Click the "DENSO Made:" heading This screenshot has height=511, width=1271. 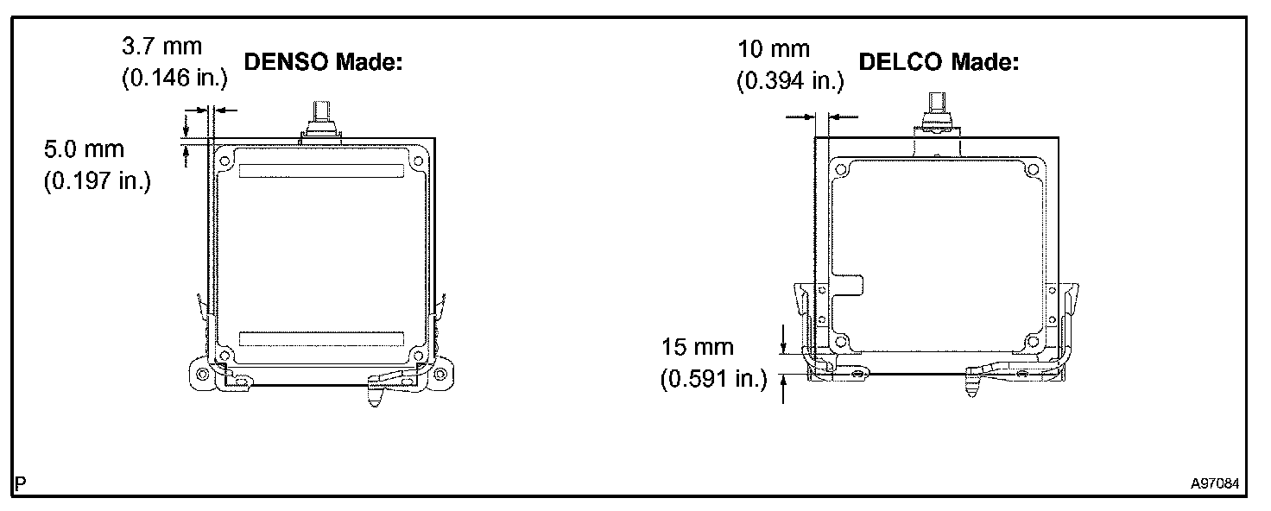tap(323, 62)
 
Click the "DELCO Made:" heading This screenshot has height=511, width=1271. tap(939, 62)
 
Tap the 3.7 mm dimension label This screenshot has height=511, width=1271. tap(161, 46)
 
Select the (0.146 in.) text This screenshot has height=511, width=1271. tap(174, 78)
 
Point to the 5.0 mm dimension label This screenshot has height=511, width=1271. tap(84, 149)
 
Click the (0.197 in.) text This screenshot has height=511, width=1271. tap(98, 181)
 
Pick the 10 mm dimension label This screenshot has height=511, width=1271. tap(774, 49)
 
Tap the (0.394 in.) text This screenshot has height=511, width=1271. tap(790, 81)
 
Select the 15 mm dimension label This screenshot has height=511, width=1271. tap(698, 346)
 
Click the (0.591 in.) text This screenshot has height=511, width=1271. tap(714, 379)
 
